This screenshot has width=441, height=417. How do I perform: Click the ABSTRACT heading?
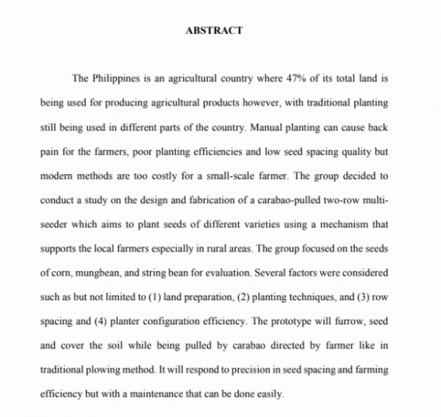pyautogui.click(x=214, y=31)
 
